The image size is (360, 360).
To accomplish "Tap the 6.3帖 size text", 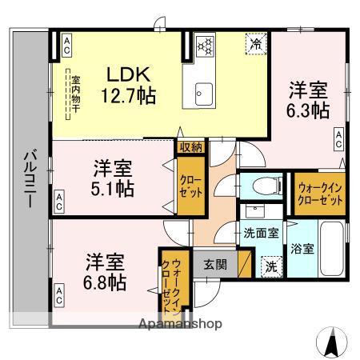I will (307, 110).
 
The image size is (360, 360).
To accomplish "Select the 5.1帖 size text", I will (112, 190).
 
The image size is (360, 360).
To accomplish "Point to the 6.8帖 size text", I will (106, 282).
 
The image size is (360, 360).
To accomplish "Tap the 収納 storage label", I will (191, 146).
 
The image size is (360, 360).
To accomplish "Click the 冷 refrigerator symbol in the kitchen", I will (254, 44).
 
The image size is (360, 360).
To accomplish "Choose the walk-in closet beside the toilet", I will (319, 193).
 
